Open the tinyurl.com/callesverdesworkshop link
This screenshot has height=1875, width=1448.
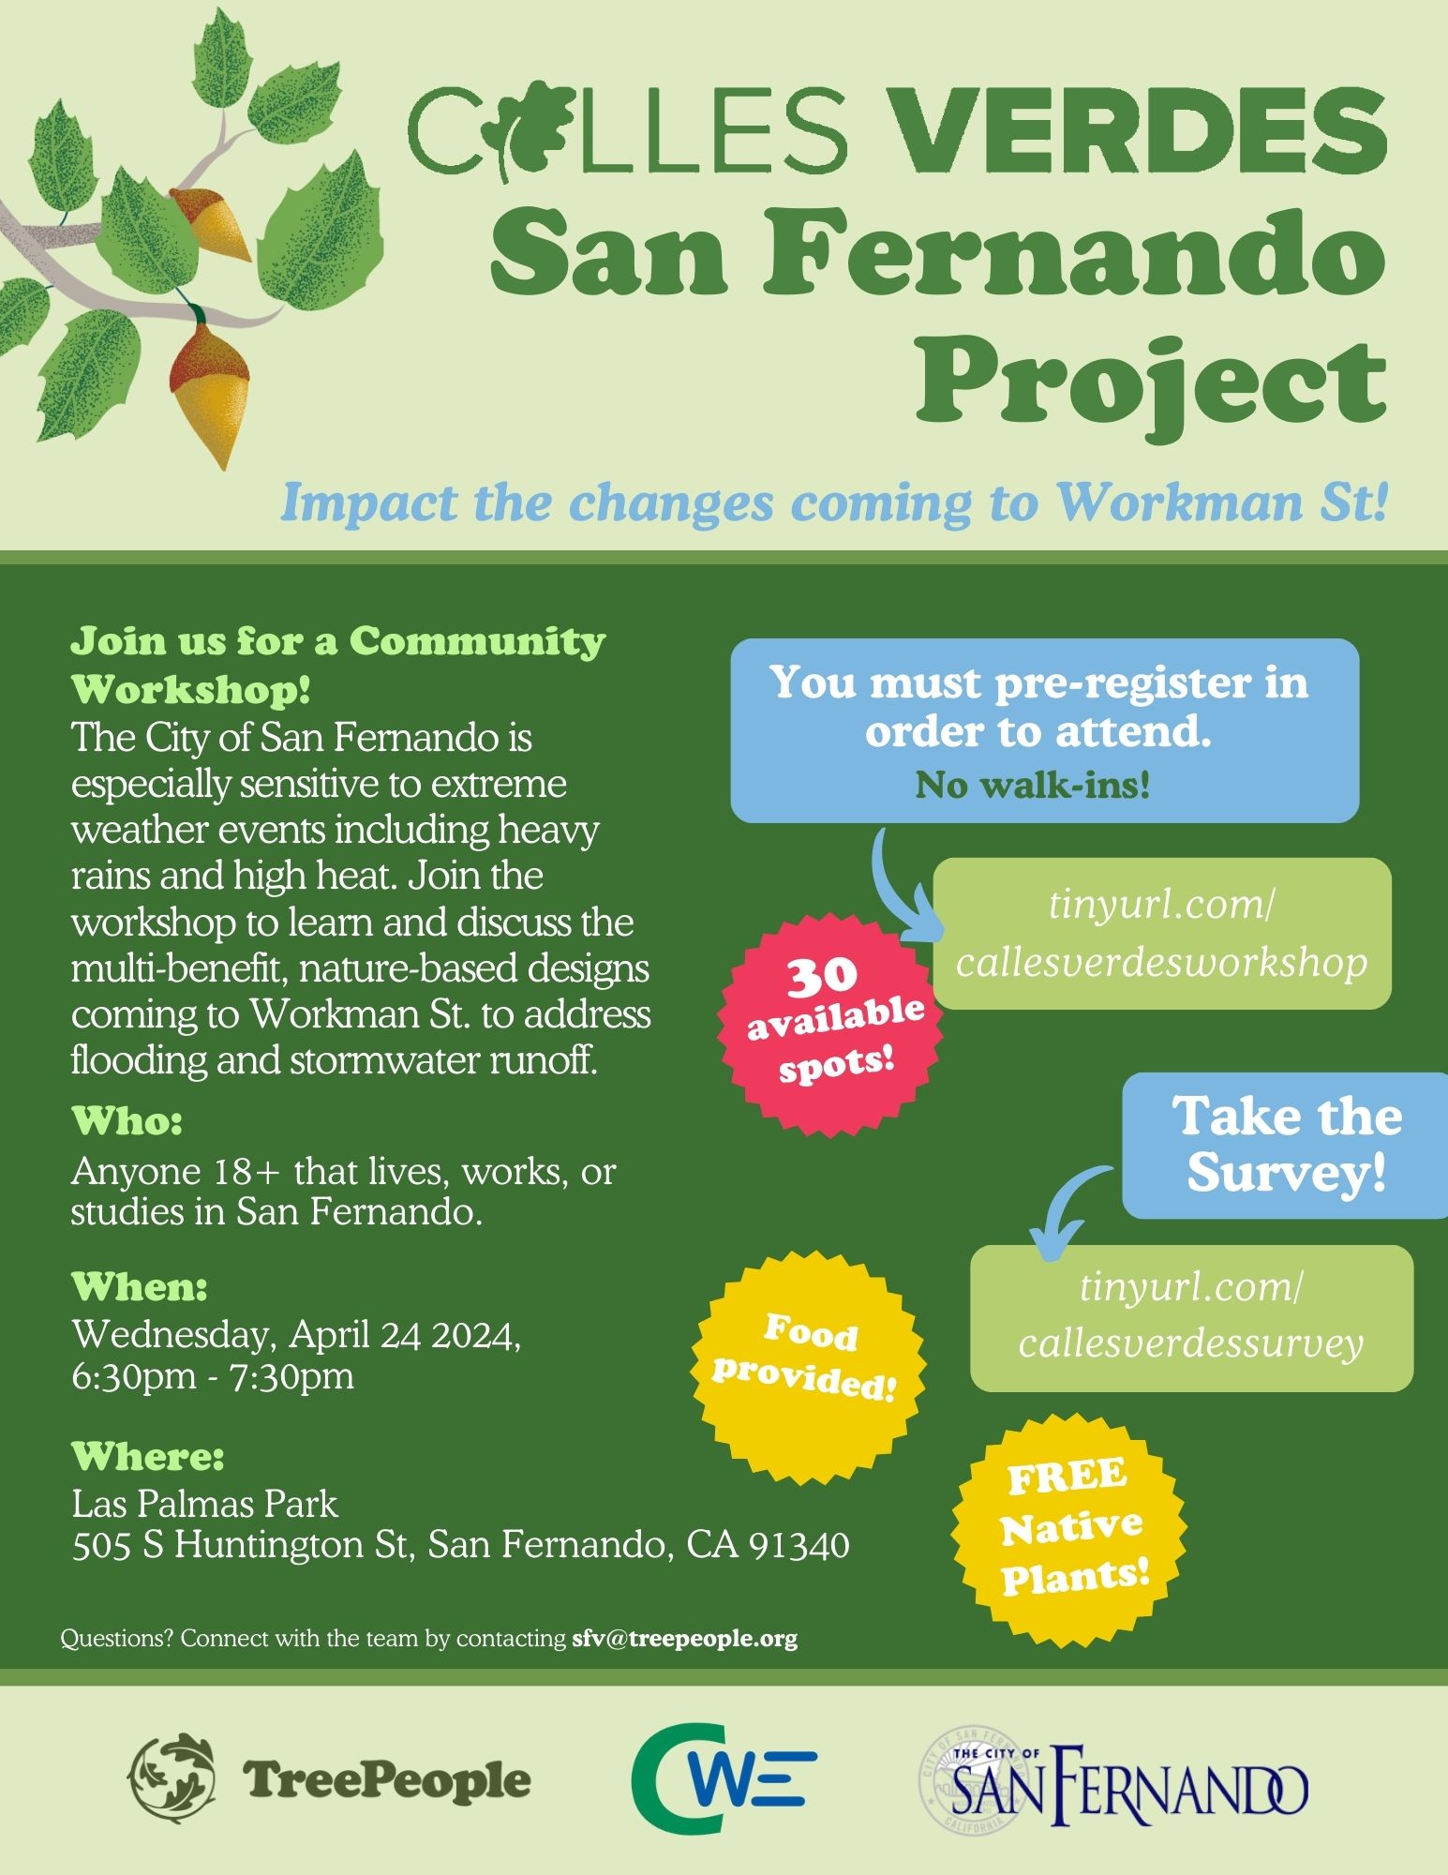pos(1162,934)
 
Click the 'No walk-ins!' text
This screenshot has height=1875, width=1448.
pos(1032,785)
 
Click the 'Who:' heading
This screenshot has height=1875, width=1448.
pos(127,1120)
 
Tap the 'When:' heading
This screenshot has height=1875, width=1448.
pos(140,1286)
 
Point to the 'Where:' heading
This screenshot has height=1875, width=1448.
pos(148,1456)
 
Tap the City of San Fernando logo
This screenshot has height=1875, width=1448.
pos(1112,1777)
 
